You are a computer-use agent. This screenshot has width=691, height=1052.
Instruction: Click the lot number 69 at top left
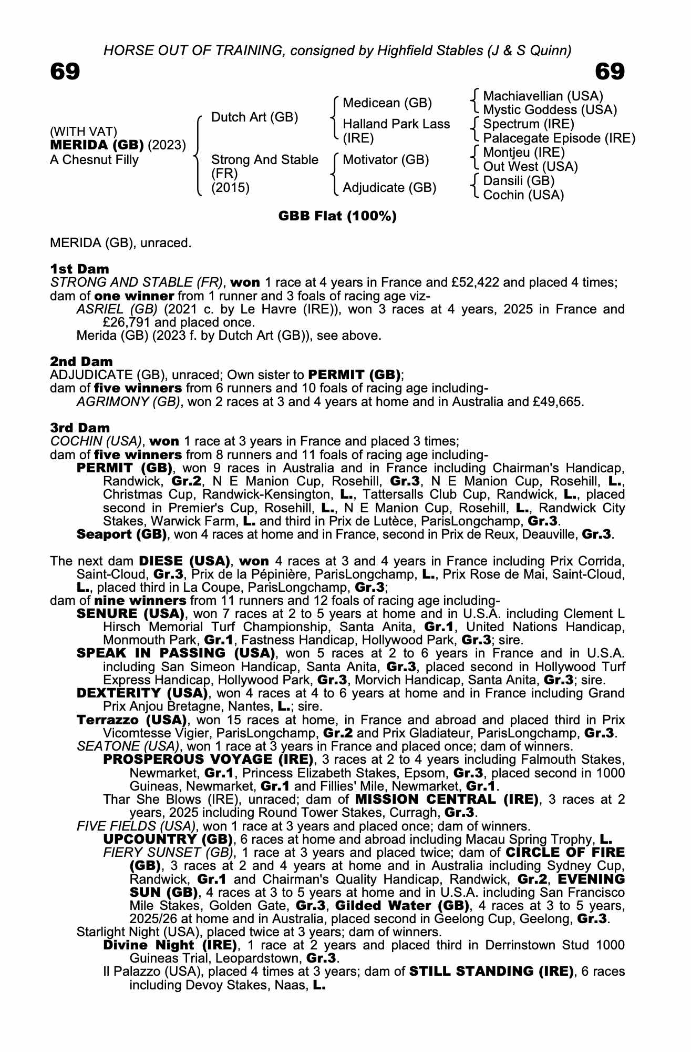(65, 72)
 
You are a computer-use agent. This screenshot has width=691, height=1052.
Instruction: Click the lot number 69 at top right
(610, 72)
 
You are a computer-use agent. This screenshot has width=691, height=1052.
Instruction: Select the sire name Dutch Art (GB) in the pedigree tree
(254, 117)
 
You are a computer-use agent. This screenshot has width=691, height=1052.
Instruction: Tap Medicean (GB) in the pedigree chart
(387, 103)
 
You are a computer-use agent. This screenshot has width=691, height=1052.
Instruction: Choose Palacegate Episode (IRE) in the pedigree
(559, 138)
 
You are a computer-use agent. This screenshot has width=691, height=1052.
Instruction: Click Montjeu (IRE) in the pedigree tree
(523, 153)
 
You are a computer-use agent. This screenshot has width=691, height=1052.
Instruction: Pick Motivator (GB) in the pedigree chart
(386, 159)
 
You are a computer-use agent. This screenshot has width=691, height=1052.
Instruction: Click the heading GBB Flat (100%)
(337, 216)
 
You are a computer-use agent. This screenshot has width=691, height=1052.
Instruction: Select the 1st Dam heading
(79, 269)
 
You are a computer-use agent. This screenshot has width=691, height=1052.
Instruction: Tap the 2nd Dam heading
(81, 361)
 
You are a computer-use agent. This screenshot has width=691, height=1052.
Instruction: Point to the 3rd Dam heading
(80, 428)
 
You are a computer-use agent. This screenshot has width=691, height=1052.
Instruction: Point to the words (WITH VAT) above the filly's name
(84, 131)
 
